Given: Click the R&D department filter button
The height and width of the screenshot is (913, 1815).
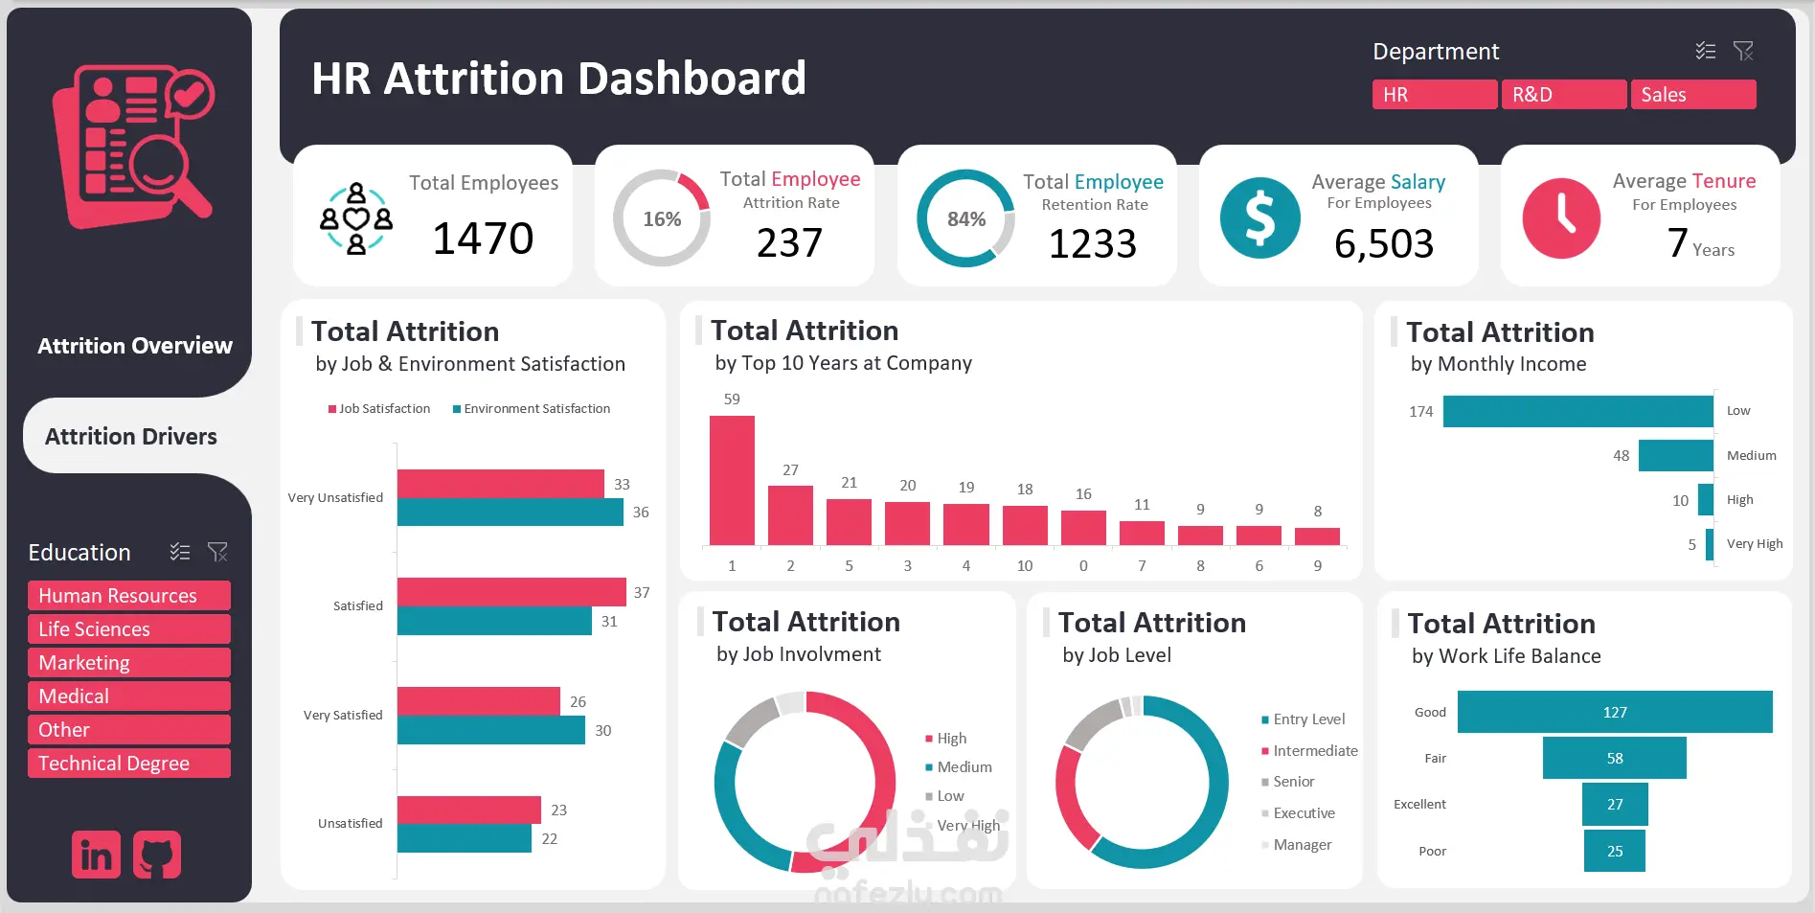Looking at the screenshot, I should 1563,95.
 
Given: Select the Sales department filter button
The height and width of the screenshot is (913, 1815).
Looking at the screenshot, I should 1692,95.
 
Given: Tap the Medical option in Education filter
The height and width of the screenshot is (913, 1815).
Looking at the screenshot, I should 128,696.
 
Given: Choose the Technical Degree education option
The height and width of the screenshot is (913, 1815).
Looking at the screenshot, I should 128,764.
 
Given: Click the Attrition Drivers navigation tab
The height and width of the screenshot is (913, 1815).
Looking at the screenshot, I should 131,437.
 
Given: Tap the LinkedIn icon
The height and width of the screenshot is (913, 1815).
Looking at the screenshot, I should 96,855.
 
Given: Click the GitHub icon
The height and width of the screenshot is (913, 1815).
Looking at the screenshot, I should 157,855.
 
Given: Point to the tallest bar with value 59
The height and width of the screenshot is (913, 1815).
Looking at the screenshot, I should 732,480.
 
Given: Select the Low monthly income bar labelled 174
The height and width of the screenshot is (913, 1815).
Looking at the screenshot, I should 1577,411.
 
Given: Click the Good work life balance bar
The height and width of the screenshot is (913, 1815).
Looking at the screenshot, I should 1614,712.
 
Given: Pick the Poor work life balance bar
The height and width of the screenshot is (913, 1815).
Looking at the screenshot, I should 1614,851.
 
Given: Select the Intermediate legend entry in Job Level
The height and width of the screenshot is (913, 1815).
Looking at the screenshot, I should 1314,751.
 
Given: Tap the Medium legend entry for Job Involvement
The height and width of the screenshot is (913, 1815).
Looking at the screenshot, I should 964,767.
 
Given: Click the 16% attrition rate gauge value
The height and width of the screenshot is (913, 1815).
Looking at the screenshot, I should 662,219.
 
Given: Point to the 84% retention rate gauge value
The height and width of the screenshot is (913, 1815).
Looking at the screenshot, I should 965,219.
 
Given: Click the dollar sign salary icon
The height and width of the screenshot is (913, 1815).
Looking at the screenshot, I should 1259,218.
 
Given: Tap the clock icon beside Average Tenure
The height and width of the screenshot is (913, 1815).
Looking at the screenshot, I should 1561,218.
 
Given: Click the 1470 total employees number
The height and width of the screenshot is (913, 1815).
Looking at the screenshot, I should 483,239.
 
